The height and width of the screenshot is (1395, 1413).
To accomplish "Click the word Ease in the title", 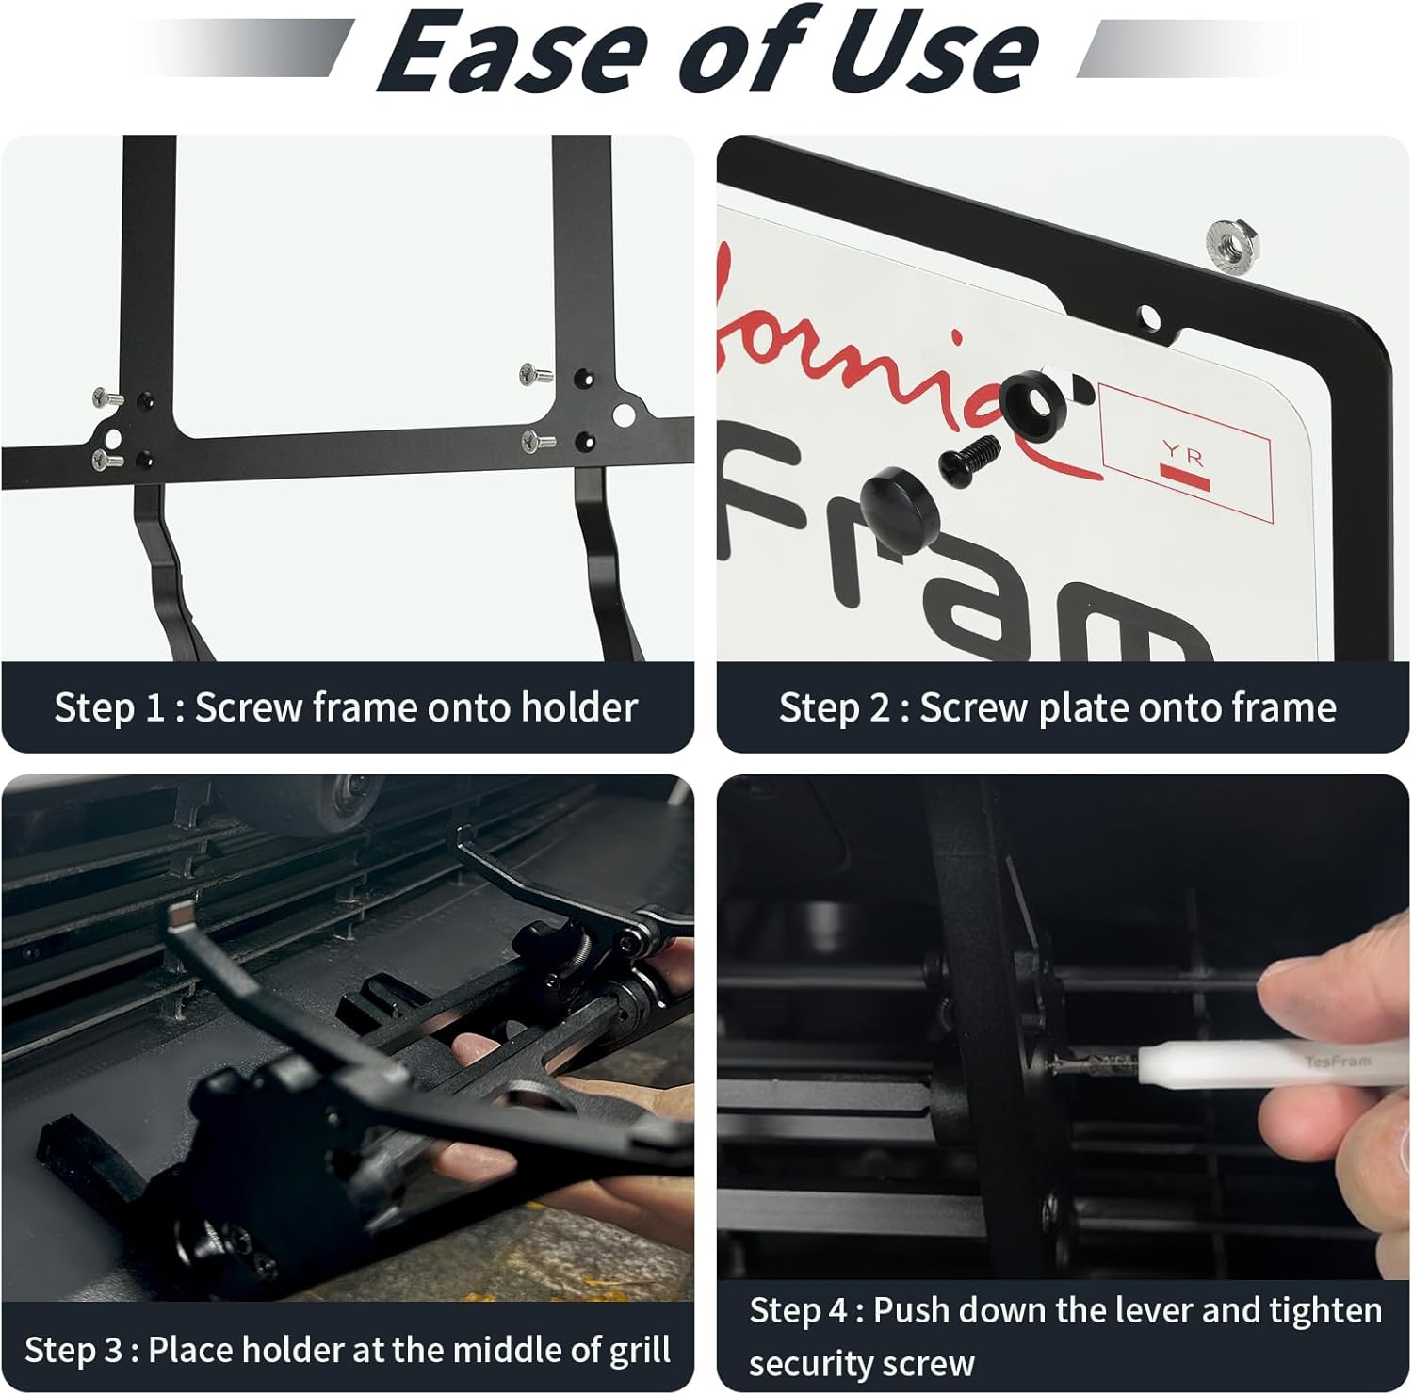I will (514, 53).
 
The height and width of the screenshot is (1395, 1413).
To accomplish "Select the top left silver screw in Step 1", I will (106, 397).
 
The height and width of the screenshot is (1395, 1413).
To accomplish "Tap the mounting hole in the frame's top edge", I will (1149, 316).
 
